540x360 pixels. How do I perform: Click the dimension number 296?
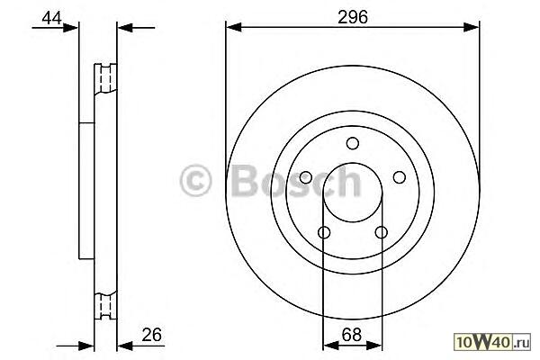coord(352,17)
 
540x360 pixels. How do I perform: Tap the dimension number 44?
coord(51,18)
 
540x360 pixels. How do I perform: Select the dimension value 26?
coord(151,335)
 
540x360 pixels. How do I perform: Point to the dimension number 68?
coord(352,335)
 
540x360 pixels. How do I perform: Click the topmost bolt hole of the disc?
coord(353,143)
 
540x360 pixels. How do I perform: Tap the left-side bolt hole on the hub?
coord(306,177)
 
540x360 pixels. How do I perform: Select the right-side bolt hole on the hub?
coord(399,177)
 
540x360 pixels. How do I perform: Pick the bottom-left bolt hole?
coord(324,232)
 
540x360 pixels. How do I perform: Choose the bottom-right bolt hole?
coord(382,232)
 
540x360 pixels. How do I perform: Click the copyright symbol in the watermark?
coord(195,180)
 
